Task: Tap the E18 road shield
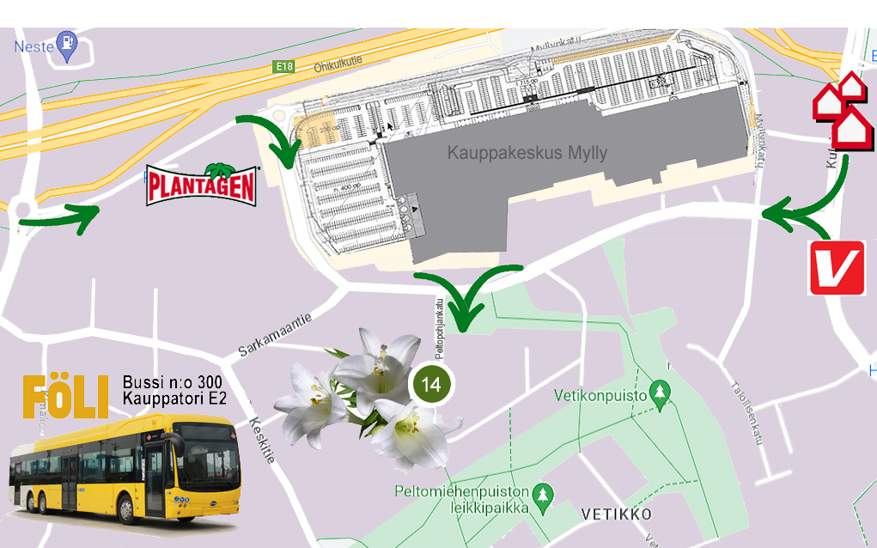283,66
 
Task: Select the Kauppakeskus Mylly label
527,154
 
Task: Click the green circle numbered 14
430,384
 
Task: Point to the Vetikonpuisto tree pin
660,392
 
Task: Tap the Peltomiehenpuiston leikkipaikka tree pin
542,495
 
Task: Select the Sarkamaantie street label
273,336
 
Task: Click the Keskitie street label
262,441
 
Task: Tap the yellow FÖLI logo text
65,396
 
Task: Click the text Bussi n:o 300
172,382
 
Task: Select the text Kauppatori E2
174,399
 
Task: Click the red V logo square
836,267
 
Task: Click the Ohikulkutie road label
339,65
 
